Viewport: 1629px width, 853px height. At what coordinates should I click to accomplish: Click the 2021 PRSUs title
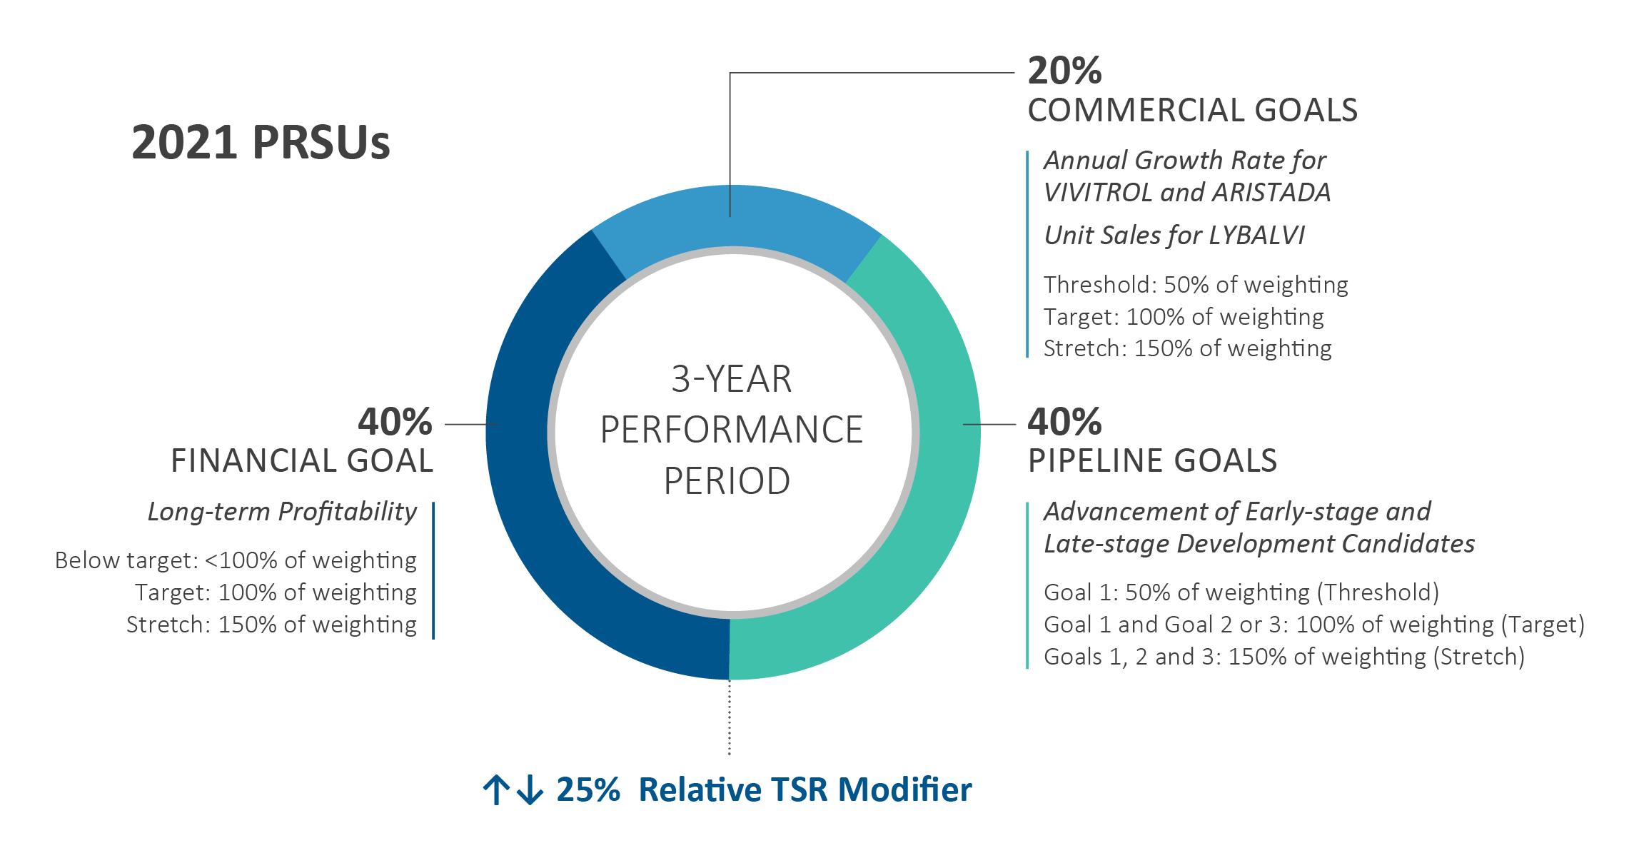[261, 143]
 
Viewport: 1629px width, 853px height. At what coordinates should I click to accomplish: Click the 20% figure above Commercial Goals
[1064, 71]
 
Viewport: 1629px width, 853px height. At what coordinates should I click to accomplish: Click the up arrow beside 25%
[495, 791]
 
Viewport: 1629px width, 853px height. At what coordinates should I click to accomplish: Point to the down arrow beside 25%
[529, 791]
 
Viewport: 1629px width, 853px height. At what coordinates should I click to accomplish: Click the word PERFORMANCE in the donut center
[732, 429]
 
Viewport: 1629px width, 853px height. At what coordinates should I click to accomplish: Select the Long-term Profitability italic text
[282, 511]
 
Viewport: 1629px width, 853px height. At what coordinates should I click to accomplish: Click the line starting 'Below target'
[236, 560]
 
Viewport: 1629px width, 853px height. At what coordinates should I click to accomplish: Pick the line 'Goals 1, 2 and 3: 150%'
[1283, 656]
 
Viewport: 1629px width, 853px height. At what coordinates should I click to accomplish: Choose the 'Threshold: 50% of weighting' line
[1196, 285]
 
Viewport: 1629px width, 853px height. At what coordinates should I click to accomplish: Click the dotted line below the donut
[729, 717]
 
